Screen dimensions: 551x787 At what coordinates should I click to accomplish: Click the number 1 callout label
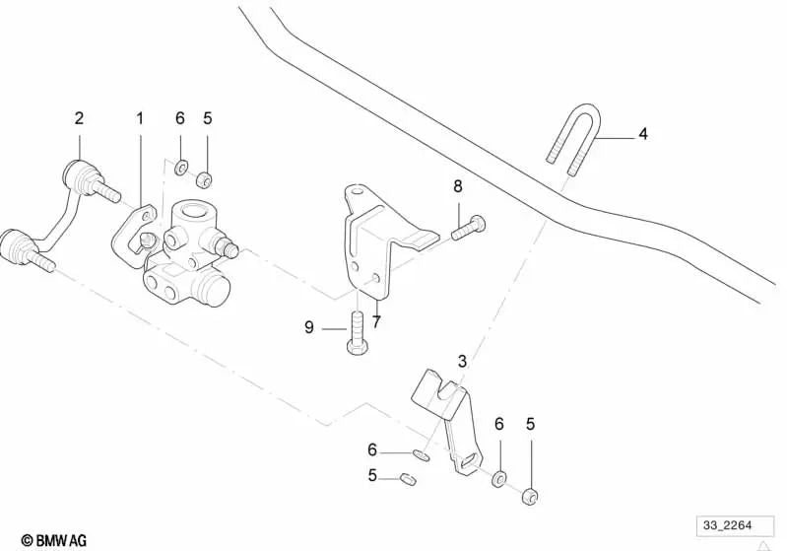pos(140,118)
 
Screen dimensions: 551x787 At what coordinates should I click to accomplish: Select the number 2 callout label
pos(80,118)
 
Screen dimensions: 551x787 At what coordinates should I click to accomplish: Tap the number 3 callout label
pos(461,361)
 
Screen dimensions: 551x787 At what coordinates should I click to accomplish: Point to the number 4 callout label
pos(643,134)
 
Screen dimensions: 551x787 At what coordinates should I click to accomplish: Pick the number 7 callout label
pos(376,321)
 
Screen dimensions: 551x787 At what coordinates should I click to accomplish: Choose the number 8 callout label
pos(457,186)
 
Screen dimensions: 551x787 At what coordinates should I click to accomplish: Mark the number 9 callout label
pos(309,327)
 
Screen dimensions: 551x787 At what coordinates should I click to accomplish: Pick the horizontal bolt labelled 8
pos(467,227)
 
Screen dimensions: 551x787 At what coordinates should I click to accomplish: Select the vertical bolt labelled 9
pos(356,331)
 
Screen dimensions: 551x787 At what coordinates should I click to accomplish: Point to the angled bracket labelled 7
pos(374,237)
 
